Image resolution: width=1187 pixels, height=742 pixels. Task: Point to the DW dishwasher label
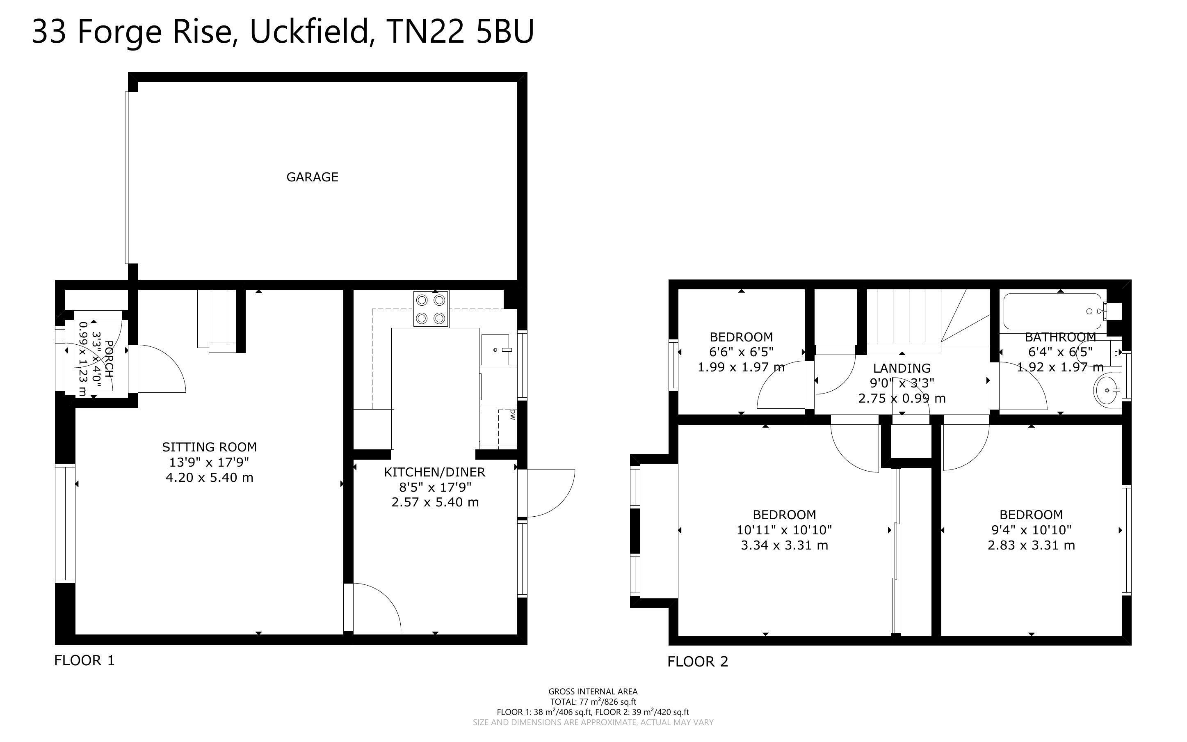click(512, 415)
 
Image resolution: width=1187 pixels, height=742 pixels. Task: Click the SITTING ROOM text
click(209, 447)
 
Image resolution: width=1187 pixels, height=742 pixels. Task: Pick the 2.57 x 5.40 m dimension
click(435, 502)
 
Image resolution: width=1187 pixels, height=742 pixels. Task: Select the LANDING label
click(902, 368)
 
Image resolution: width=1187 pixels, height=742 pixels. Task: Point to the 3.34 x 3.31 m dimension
click(785, 545)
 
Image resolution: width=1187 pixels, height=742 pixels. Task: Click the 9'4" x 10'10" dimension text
click(1031, 530)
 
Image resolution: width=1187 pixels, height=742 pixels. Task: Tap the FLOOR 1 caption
click(84, 661)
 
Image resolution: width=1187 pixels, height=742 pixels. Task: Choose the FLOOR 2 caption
click(698, 662)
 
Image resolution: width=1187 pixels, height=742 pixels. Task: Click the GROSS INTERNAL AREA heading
click(593, 692)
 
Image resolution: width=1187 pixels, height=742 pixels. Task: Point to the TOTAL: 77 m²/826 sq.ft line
click(593, 702)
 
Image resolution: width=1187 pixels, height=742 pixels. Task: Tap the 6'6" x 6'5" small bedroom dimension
click(741, 352)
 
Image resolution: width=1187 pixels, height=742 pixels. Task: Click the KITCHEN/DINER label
click(434, 472)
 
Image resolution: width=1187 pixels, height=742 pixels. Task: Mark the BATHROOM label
click(1060, 337)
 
